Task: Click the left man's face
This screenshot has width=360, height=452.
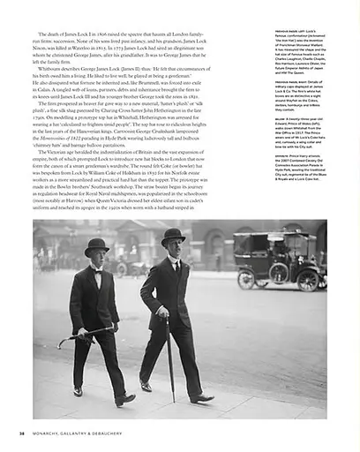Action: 97,258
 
